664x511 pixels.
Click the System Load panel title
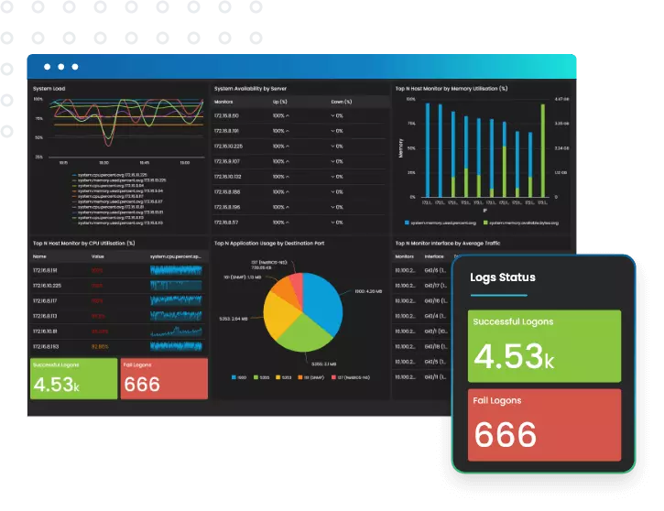point(49,89)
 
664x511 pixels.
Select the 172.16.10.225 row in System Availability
point(228,146)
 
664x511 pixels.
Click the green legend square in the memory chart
point(484,223)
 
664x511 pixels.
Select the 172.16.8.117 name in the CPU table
point(45,300)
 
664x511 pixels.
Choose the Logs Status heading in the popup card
point(502,277)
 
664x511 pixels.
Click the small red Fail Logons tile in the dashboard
point(164,378)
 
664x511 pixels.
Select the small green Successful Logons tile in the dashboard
point(73,378)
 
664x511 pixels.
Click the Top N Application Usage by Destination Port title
point(269,244)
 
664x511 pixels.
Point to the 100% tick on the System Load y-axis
point(38,101)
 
